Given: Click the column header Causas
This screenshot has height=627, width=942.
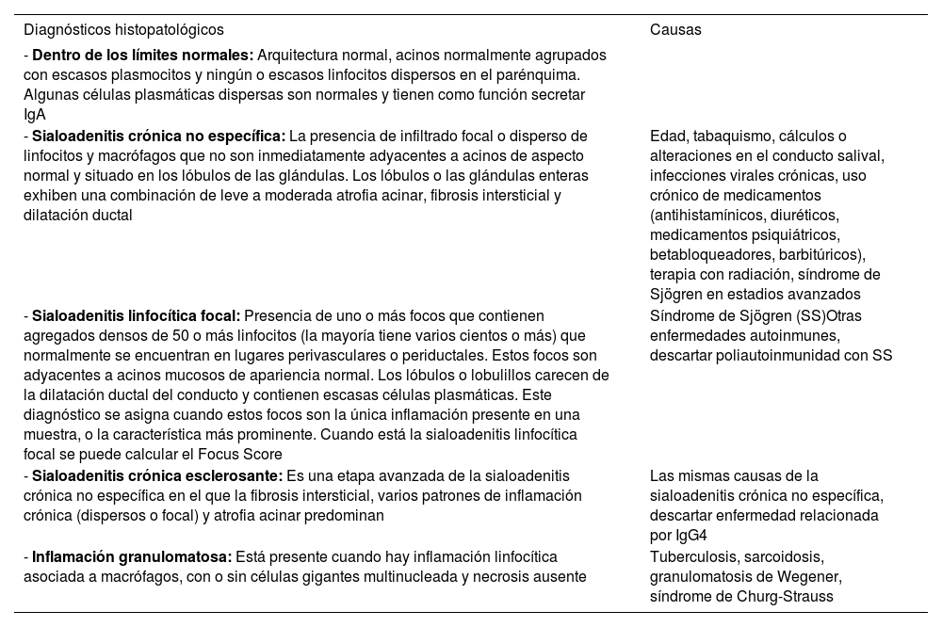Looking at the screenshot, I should [675, 29].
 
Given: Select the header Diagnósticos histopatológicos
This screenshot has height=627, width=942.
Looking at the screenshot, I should [123, 29].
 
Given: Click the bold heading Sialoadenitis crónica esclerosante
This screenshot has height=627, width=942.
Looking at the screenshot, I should [156, 475].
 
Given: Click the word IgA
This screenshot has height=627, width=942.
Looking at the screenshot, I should [34, 115].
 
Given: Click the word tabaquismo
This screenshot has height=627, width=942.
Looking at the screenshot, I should [732, 136].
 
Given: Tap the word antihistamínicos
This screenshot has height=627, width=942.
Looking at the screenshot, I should [712, 215].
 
